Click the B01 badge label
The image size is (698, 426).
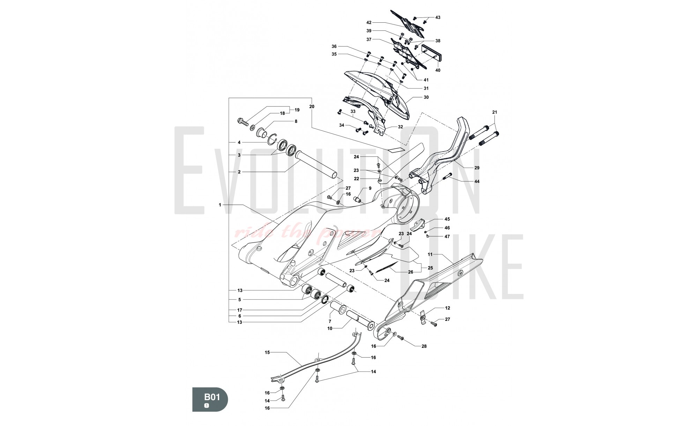tap(211, 397)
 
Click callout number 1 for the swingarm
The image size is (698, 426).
tap(220, 205)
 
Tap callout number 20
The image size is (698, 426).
tap(312, 106)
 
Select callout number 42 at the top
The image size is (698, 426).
tap(369, 23)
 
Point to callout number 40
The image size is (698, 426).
tap(438, 70)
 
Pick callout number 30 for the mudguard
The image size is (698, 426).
tap(426, 97)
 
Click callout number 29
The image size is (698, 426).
tap(477, 168)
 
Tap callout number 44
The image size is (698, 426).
tap(477, 181)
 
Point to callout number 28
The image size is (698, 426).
tap(424, 346)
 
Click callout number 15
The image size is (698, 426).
tap(267, 352)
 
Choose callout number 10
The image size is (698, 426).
tap(329, 328)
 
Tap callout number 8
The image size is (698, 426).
tap(296, 121)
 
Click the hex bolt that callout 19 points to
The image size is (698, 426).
tap(242, 122)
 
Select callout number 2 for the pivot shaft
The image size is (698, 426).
tap(239, 172)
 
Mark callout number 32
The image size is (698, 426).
tap(400, 127)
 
